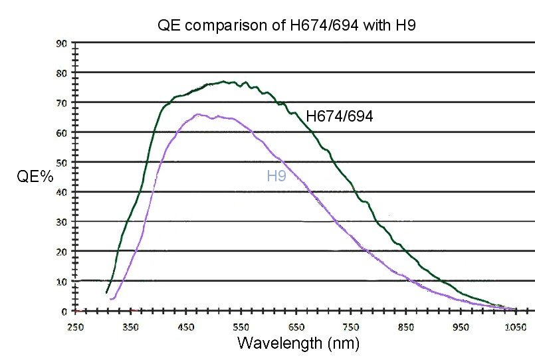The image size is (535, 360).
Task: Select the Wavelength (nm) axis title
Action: pos(298,343)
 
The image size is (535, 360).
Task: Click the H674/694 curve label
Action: pos(339,116)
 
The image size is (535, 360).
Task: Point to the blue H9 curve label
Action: pos(276,176)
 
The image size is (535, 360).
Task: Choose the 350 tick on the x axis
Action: pos(130,327)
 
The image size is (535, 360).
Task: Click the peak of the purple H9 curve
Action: pos(199,114)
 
